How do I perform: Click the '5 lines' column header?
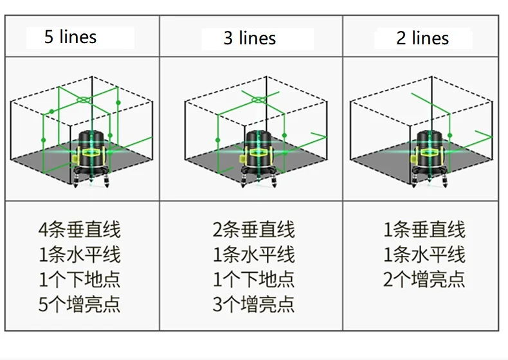pos(70,37)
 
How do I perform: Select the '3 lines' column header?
pos(249,38)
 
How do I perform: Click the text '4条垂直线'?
pos(79,230)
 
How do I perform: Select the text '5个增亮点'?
pos(79,304)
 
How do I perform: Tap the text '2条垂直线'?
pos(253,230)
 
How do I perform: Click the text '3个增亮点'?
pos(253,304)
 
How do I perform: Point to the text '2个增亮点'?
pos(424,279)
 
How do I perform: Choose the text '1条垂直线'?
pos(424,230)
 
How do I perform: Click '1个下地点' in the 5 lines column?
pos(79,279)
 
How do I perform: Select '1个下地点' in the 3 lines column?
pos(253,279)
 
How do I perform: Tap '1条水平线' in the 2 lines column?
pos(424,255)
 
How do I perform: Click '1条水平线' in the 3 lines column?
pos(253,255)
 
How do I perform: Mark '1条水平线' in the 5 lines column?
pos(79,255)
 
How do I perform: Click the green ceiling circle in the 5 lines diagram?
pos(83,100)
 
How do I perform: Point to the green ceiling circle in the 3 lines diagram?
pos(257,100)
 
